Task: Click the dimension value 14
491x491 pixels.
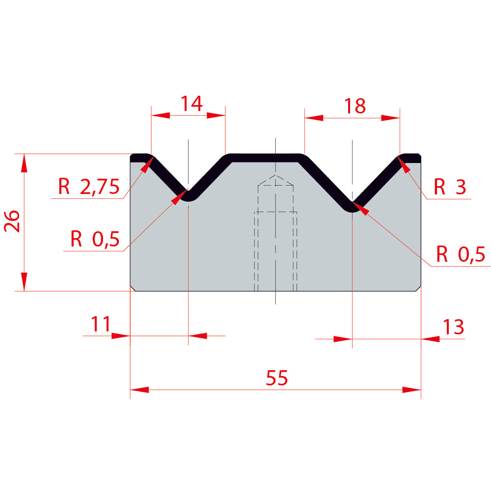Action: coord(191,104)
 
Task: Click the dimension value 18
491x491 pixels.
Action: coord(355,106)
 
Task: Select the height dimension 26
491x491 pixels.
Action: coord(12,221)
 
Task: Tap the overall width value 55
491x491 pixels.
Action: coord(277,378)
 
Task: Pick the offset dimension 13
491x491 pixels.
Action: coord(453,327)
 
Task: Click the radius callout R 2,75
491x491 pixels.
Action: coord(88,187)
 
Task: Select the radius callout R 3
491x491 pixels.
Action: coord(450,187)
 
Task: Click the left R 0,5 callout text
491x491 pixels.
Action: coord(95,239)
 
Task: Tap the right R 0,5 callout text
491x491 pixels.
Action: coord(461,254)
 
